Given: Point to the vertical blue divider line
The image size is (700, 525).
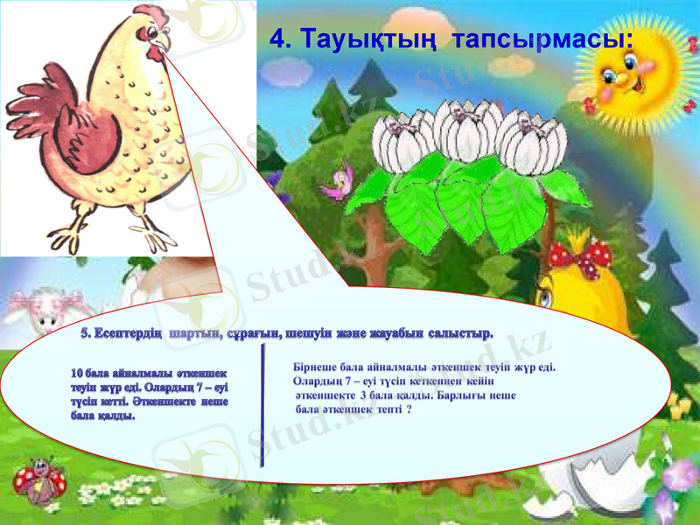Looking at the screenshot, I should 262,405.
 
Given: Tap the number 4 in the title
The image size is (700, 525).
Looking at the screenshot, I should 277,38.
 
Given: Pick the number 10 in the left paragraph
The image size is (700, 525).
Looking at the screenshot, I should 77,374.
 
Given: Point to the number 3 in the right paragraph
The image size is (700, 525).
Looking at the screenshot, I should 362,395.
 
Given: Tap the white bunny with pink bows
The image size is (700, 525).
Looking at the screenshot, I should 48,311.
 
